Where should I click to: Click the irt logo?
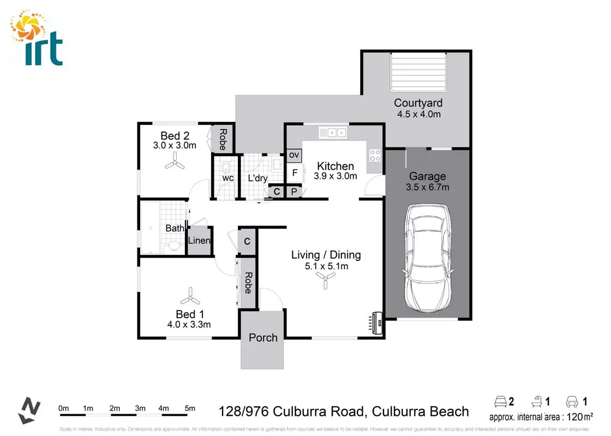(x=37, y=38)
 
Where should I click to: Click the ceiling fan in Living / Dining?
(x=326, y=281)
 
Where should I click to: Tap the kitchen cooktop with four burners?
(x=375, y=155)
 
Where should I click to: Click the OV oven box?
(x=294, y=155)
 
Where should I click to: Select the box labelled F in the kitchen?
(x=294, y=173)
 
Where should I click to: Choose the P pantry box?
(x=293, y=191)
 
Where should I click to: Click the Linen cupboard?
(x=199, y=241)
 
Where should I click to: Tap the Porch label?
(x=263, y=337)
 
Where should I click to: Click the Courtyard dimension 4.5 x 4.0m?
(x=418, y=114)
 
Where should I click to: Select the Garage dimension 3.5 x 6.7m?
(x=428, y=187)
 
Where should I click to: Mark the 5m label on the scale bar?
(x=190, y=408)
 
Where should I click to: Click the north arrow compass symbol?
(x=30, y=410)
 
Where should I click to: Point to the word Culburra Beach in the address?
(x=420, y=411)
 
